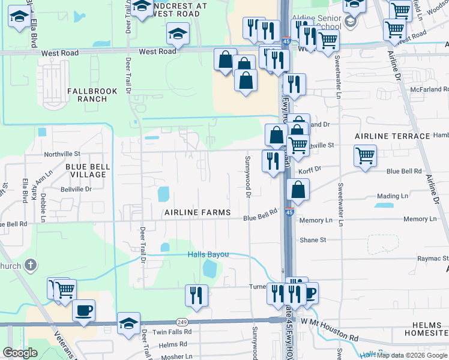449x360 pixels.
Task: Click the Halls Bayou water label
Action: point(208,254)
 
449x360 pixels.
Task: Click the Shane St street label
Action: point(313,240)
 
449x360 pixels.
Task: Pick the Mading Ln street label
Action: point(393,196)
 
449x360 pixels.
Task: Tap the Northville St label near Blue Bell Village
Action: point(62,154)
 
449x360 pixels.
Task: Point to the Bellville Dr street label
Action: point(76,189)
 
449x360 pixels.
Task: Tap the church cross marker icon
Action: point(30,265)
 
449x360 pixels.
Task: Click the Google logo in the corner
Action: point(20,353)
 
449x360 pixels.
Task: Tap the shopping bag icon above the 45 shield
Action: point(298,190)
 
